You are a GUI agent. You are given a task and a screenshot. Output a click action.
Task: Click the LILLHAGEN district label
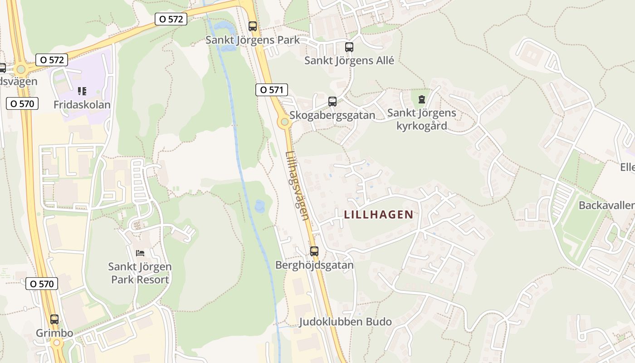pos(379,215)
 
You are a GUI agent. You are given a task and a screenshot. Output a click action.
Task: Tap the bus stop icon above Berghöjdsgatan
pos(314,251)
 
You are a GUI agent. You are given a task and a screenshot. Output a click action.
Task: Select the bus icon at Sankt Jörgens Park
pos(253,26)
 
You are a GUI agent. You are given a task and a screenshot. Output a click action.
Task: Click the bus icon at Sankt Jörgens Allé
pos(349,47)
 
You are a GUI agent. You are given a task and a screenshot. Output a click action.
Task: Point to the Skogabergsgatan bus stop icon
pos(332,101)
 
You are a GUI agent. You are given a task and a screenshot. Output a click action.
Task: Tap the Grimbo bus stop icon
pos(54,319)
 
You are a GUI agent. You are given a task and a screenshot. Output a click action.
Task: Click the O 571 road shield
pos(272,90)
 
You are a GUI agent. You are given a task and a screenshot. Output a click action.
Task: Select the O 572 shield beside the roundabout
pos(52,59)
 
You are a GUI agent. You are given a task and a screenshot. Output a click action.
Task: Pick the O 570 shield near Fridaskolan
pos(22,103)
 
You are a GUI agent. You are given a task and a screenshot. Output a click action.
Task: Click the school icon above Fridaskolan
pos(82,91)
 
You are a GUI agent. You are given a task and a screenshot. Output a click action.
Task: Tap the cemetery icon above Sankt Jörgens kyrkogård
pos(422,99)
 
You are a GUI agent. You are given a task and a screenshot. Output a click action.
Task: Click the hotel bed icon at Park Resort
pos(140,253)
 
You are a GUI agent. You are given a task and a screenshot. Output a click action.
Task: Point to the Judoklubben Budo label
pos(345,322)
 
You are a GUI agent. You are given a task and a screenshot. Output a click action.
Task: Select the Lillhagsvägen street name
pos(298,185)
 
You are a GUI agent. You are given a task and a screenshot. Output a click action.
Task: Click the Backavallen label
pos(606,205)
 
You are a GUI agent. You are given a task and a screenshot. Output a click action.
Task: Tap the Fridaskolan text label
pos(82,105)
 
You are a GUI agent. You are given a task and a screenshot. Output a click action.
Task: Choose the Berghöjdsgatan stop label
pos(314,265)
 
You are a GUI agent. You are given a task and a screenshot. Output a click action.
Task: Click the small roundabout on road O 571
pos(284,122)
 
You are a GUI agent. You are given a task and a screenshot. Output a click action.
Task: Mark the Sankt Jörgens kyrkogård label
pos(421,119)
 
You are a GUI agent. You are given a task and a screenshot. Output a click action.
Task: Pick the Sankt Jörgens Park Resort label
pos(140,273)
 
